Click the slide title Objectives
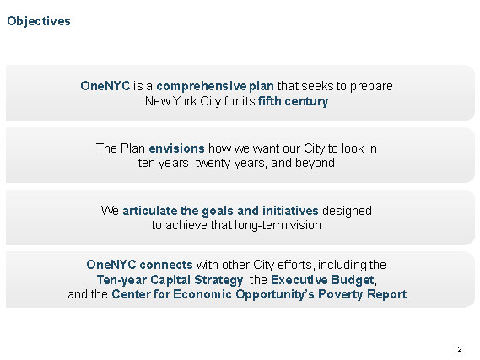(39, 21)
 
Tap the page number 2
(460, 349)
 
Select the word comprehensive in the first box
(202, 86)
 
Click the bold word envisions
(176, 148)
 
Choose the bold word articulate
(149, 211)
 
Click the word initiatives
(290, 211)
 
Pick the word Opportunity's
(275, 294)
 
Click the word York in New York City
(185, 101)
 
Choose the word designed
(348, 211)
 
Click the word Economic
(202, 294)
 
